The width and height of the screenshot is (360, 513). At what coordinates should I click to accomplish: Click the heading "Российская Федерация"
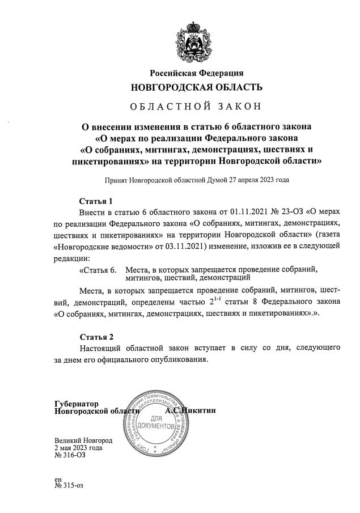(196, 74)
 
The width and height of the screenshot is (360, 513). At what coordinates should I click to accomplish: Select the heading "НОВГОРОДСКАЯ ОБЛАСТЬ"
(196, 88)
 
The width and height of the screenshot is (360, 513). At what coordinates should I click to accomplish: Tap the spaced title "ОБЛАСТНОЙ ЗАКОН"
(196, 108)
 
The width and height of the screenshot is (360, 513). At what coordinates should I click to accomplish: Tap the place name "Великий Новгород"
(83, 440)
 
